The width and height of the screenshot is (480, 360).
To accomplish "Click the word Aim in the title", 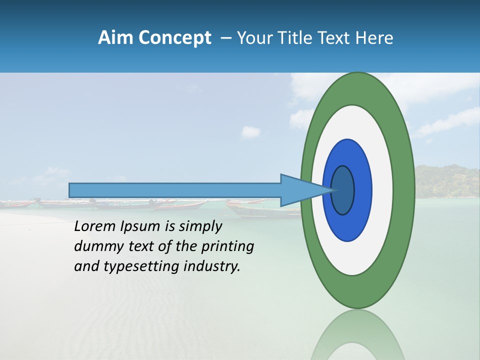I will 114,38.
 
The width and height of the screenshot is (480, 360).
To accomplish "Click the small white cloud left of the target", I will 251,132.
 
